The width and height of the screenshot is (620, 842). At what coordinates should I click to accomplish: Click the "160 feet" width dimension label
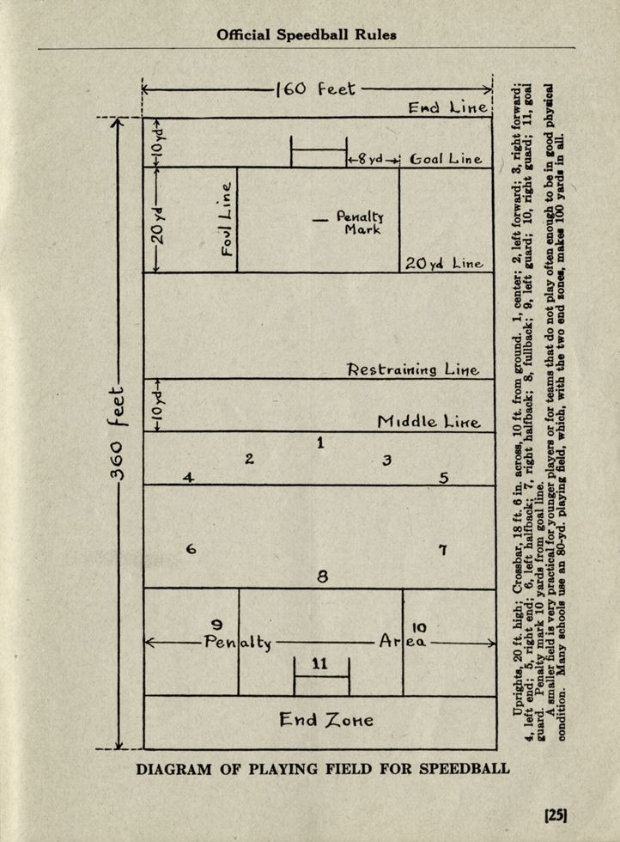pos(316,88)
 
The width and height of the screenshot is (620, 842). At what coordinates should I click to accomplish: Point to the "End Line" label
pos(447,107)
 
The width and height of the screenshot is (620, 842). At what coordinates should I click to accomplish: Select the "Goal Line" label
pos(446,159)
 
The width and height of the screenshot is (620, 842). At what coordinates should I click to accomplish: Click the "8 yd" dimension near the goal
pos(370,160)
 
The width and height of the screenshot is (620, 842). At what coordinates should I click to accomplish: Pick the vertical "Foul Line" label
pos(227,218)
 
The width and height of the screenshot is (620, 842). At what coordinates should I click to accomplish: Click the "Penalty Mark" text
pos(360,223)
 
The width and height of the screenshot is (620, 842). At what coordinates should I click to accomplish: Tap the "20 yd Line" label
pos(444,263)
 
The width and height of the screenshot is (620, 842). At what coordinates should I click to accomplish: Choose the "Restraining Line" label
pos(413,369)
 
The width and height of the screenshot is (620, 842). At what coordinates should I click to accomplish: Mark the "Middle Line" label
pos(429,422)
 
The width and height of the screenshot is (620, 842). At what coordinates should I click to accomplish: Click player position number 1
pos(320,443)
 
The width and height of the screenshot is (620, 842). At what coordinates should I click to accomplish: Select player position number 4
pos(188,478)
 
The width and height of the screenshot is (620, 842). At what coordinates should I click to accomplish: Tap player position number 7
pos(443,550)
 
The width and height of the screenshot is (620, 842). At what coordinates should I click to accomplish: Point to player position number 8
pos(322,577)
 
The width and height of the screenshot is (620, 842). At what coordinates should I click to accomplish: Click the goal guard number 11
pos(320,663)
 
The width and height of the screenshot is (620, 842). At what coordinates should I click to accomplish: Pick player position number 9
pos(217,625)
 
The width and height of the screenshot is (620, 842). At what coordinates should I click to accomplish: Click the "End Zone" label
pos(325,720)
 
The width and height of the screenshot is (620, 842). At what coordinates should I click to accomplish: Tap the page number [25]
pos(556,815)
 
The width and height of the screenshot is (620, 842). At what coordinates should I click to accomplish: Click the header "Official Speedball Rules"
pos(307,35)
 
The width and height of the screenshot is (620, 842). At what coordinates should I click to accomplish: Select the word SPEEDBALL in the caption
pos(465,768)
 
